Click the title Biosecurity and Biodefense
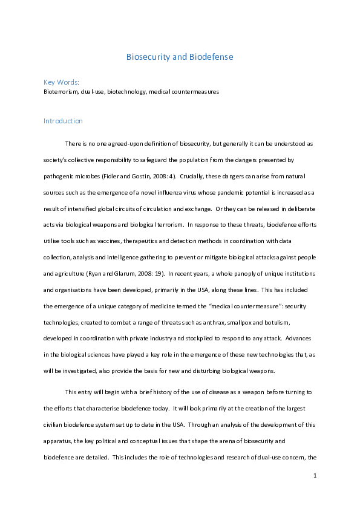[x=179, y=57]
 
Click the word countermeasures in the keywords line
[x=197, y=92]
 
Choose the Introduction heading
[x=63, y=121]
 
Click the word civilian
[x=56, y=424]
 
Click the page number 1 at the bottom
[x=315, y=476]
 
